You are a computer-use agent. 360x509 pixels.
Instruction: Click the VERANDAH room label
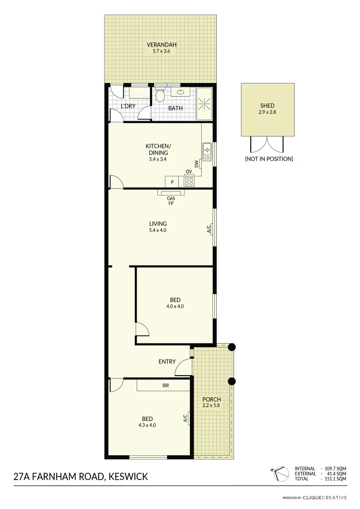(161, 45)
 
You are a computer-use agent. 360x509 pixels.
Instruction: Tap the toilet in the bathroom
(160, 96)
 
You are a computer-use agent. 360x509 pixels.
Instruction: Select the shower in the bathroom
(205, 103)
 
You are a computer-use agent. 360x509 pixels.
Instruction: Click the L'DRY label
(128, 106)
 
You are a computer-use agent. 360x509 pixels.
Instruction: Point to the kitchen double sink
(207, 149)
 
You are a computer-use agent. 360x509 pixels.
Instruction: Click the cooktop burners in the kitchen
(189, 181)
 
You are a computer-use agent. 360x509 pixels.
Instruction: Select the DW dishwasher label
(196, 164)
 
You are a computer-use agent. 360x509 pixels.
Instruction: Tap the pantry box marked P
(172, 182)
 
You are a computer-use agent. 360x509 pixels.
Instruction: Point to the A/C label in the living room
(208, 230)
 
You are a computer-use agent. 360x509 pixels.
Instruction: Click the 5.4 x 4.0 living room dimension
(158, 230)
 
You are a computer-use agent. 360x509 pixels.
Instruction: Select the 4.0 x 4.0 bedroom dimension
(175, 306)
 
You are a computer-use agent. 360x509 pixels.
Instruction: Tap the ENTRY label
(167, 361)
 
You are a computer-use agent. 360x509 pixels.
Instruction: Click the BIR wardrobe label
(165, 386)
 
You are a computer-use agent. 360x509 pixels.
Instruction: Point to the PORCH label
(211, 400)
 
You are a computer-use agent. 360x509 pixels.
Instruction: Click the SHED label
(267, 106)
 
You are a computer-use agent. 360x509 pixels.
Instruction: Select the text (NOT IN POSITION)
(269, 159)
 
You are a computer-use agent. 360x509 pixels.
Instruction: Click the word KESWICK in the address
(128, 476)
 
